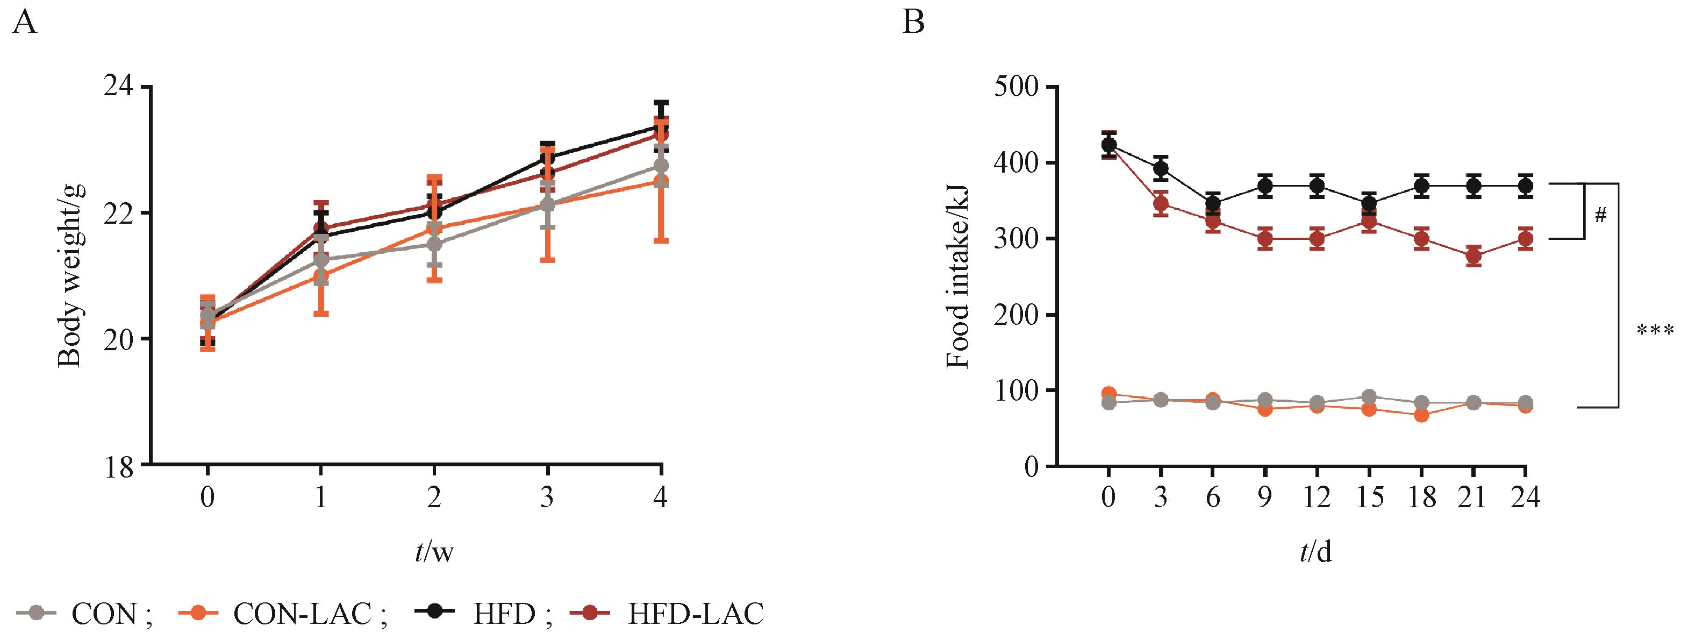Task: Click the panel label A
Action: coord(24,24)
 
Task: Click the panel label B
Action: coord(913,24)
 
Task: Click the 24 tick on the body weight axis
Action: coord(118,87)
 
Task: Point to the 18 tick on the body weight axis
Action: coord(118,466)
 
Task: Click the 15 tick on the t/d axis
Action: coord(1369,498)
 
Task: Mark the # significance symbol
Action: coord(1600,216)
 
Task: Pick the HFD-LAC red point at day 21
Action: coord(1473,256)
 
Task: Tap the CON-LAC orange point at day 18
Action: coord(1421,415)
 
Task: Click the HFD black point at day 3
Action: coord(1160,168)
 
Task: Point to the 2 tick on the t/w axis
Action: coord(434,498)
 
